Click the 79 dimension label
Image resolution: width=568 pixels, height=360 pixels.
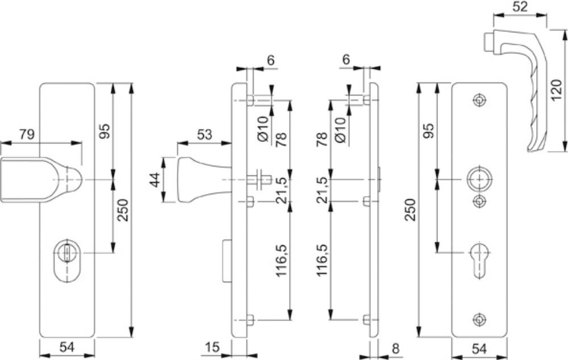27,135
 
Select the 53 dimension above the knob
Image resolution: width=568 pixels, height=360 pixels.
204,135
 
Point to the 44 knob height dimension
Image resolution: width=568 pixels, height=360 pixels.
155,179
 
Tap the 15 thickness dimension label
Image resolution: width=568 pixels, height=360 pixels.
212,347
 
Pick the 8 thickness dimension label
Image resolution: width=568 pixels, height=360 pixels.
395,349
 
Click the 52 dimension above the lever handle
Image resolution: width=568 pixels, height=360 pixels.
520,6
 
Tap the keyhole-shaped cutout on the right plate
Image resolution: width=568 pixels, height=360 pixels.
479,260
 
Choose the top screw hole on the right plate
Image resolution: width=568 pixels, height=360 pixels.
479,99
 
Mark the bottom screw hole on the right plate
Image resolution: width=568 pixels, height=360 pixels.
479,319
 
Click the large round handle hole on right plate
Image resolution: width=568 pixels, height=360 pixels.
479,179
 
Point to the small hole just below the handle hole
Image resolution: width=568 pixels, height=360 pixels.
479,202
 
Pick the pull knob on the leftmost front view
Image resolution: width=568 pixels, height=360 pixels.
41,179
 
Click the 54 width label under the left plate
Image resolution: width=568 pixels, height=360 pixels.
66,347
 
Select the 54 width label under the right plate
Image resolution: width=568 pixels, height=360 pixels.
479,349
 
